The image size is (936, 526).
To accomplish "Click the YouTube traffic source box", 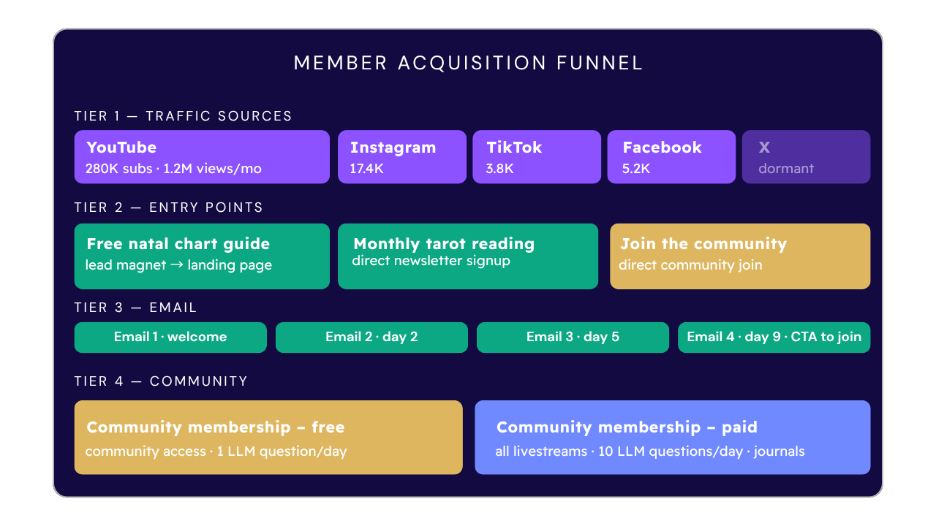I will pos(202,157).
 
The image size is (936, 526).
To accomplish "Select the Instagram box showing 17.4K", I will pos(401,157).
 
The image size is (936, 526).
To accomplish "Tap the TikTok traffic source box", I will pos(537,157).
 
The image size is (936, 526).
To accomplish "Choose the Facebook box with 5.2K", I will pos(671,157).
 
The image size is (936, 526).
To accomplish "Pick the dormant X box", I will pos(806,157).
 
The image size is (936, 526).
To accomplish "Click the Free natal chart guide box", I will pos(202,256).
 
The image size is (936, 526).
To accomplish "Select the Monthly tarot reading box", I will pos(467,256).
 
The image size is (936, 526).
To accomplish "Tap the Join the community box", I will pos(740,256).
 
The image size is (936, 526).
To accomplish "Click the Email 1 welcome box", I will pos(170,338).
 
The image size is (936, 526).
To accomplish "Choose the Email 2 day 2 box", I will pos(371,338).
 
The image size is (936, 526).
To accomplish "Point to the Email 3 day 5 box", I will pos(573,338).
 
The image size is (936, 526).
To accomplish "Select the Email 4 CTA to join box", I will pos(774,338).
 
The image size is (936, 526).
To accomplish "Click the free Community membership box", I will pos(268,438).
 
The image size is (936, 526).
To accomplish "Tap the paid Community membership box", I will pos(672,438).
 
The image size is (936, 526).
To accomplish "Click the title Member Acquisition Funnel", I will pos(468,63).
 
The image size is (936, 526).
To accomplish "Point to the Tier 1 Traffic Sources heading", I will pos(183,116).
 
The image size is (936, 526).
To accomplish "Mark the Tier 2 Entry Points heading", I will pos(168,207).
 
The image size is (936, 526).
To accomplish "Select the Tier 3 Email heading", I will pos(135,308).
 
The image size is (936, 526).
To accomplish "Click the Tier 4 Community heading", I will pos(161,381).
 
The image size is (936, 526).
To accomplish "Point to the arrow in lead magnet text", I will pos(177,265).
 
